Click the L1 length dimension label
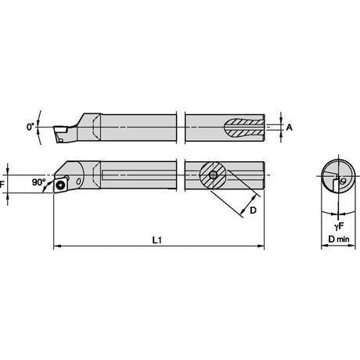[x=157, y=240]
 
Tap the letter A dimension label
[x=290, y=128]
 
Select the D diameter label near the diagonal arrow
[x=253, y=210]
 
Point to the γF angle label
[x=339, y=226]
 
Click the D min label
[x=339, y=239]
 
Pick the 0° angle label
[x=31, y=127]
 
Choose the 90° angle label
[x=38, y=182]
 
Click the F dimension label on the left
[x=2, y=185]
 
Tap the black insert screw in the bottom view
[x=60, y=185]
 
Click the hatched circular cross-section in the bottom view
[x=213, y=175]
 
